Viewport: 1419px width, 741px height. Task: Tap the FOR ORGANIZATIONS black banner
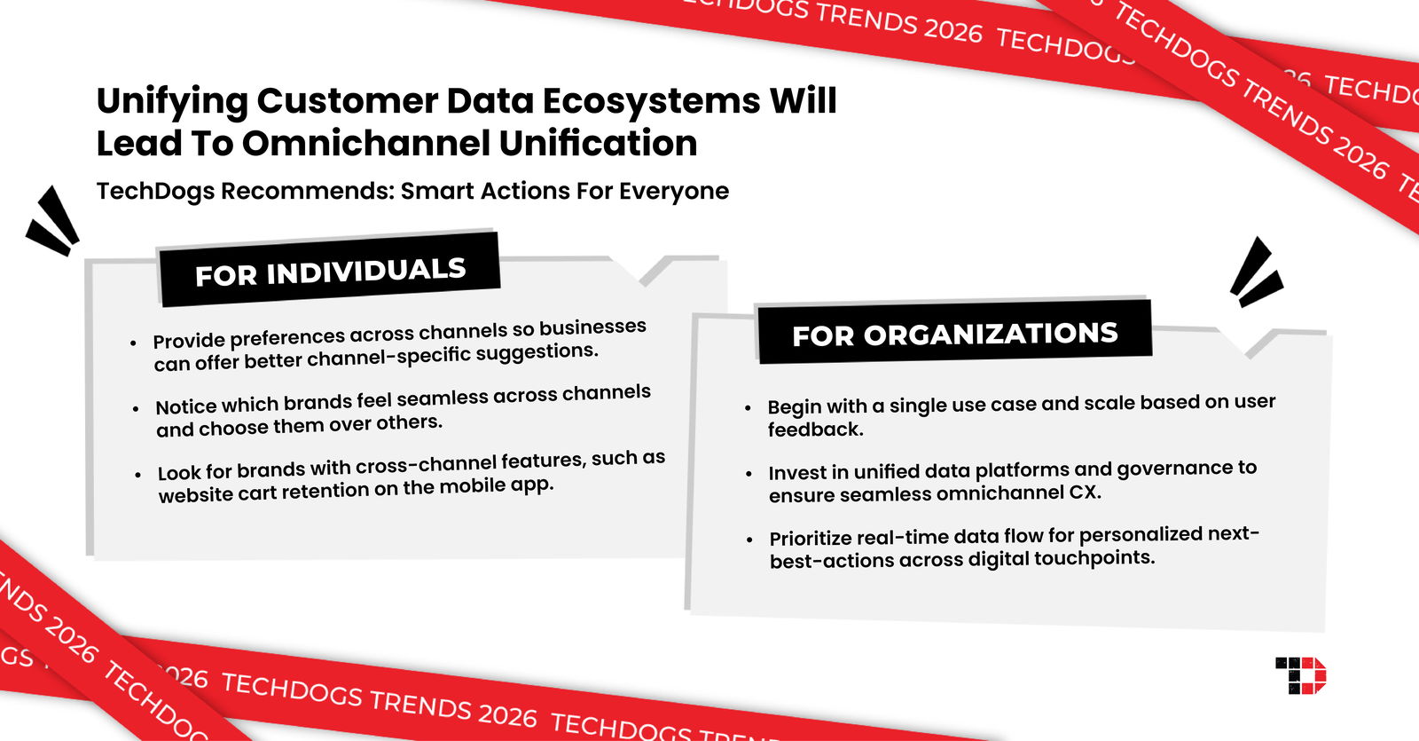click(x=954, y=334)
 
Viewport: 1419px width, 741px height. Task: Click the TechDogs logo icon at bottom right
click(x=1301, y=675)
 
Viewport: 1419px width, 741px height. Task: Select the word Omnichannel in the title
click(x=365, y=144)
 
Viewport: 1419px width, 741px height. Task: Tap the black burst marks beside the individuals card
click(x=52, y=221)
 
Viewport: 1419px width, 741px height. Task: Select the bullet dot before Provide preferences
click(x=133, y=343)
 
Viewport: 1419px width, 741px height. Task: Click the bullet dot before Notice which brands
click(x=136, y=409)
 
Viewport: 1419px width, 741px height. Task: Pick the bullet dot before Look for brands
click(x=137, y=475)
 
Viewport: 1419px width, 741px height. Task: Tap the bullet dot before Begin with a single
click(x=748, y=408)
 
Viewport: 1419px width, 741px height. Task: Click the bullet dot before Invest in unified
click(x=749, y=474)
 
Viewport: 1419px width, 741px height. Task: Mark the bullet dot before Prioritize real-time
click(x=750, y=540)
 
